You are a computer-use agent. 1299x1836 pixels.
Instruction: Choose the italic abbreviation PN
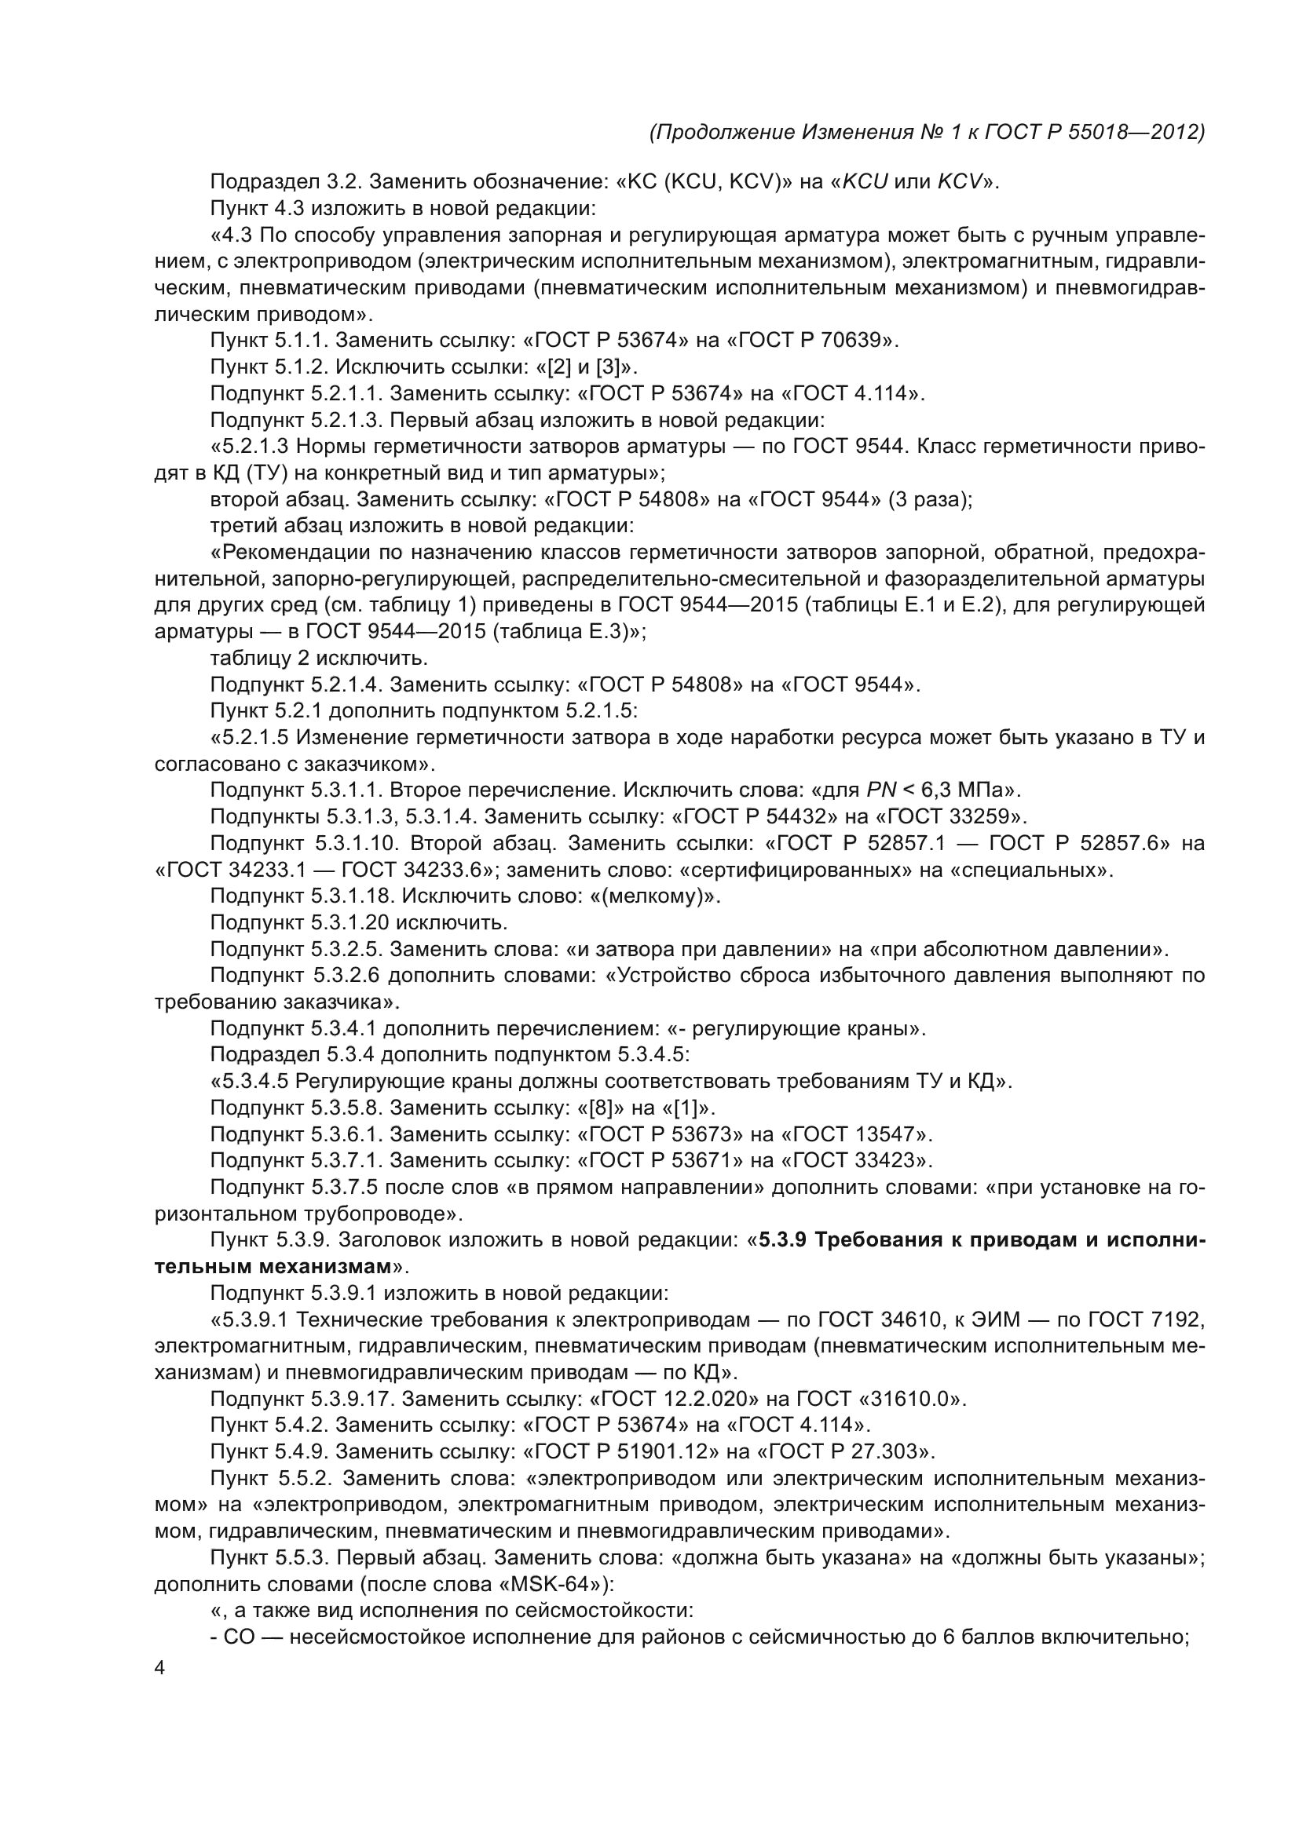(x=880, y=790)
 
